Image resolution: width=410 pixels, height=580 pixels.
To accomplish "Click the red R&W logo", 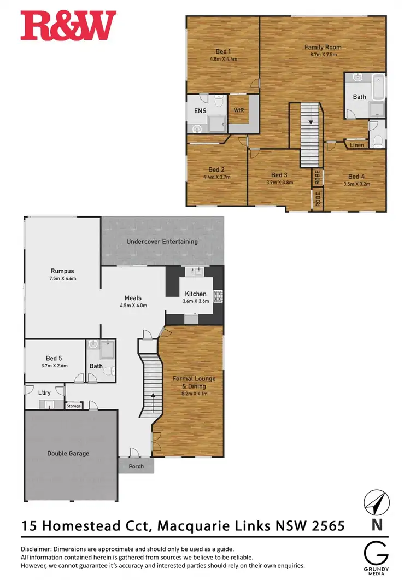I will [68, 26].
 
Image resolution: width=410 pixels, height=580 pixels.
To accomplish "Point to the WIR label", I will [238, 110].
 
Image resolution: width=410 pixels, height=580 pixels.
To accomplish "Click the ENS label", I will [200, 110].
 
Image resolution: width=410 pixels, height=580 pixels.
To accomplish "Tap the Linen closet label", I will [356, 145].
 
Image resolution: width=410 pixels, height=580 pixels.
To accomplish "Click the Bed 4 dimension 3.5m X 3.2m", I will [355, 184].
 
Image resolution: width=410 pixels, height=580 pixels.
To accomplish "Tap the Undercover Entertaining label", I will [162, 241].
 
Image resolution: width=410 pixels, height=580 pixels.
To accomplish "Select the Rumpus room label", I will [62, 271].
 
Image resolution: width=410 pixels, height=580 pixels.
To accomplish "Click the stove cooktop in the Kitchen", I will [218, 296].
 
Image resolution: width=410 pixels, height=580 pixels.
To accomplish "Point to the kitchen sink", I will [194, 271].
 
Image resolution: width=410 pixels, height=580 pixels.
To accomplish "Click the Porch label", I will [136, 466].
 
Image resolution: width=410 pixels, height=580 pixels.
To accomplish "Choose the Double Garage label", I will [68, 453].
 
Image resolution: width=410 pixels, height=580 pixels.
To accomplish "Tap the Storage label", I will [73, 406].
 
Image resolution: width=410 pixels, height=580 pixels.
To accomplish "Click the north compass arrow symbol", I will [376, 503].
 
